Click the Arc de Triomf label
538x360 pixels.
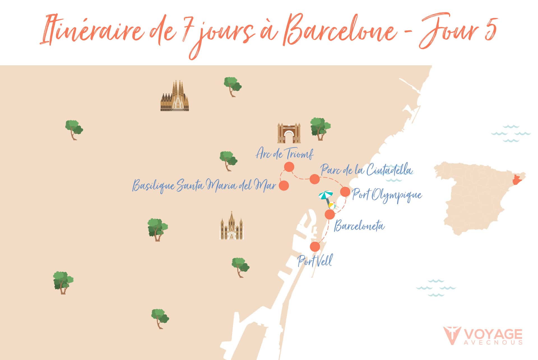click(284, 154)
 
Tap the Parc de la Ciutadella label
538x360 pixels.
click(367, 170)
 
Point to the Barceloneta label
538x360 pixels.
click(359, 226)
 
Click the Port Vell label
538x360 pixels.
click(315, 261)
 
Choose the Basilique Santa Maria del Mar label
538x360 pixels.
click(204, 185)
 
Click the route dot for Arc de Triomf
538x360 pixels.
click(289, 167)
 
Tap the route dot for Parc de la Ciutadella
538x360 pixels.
click(315, 179)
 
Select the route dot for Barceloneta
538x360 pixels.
click(330, 215)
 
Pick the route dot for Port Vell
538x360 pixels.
click(315, 247)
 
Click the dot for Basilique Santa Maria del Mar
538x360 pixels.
click(284, 185)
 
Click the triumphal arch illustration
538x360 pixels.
click(289, 133)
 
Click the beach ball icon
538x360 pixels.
click(332, 206)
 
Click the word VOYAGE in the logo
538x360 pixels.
click(493, 335)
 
